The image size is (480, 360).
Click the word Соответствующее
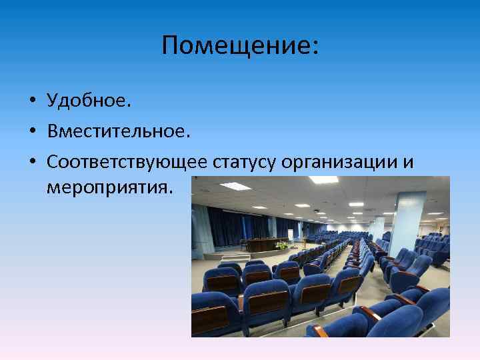coord(128,162)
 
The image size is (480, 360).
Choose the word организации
coord(338,162)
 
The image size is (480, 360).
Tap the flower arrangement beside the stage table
coord(282,245)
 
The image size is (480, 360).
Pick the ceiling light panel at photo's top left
coord(235,186)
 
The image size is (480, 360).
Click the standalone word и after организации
coord(407,162)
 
